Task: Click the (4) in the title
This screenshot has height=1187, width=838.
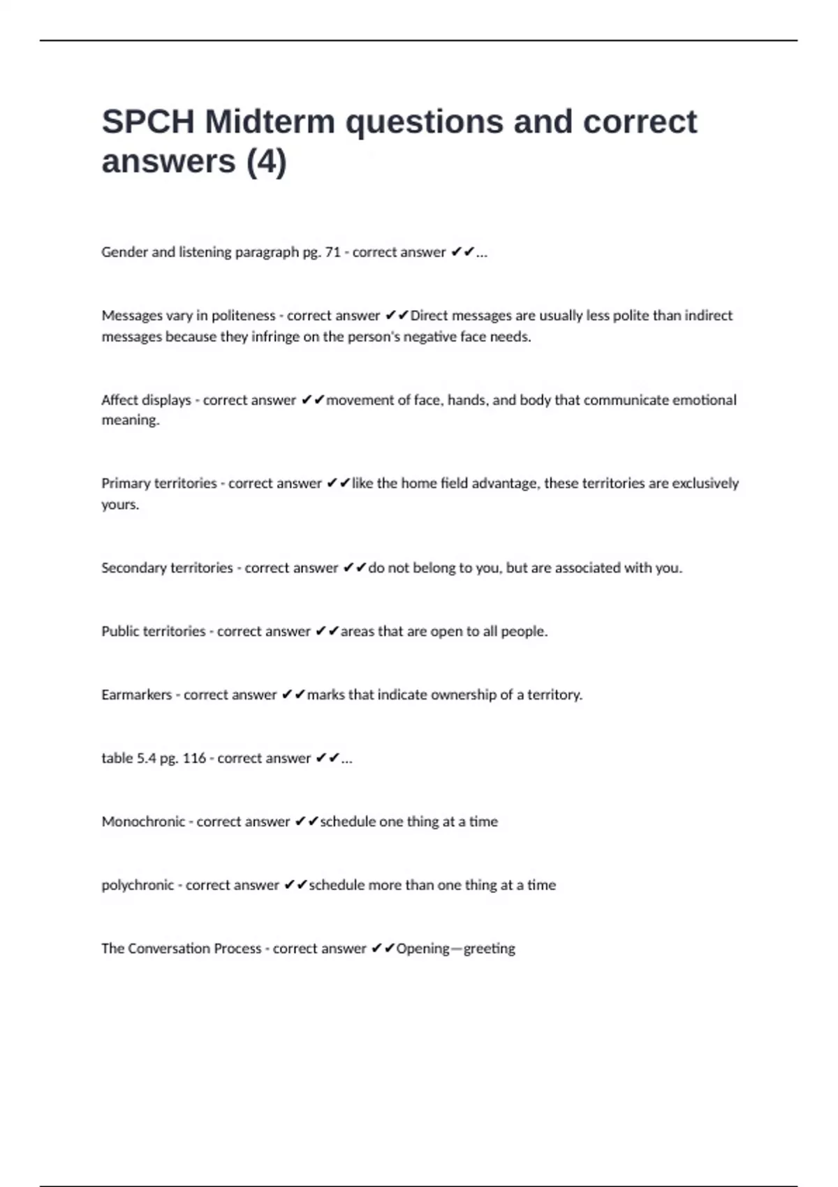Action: (x=266, y=162)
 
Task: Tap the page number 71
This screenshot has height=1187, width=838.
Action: (x=332, y=252)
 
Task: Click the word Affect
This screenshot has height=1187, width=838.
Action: (x=119, y=400)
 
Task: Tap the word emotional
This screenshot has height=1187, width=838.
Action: (x=704, y=400)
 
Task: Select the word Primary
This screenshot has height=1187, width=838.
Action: (x=126, y=483)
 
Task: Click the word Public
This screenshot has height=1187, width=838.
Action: (x=120, y=631)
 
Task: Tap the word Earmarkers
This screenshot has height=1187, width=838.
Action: (x=136, y=695)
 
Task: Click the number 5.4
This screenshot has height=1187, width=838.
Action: (x=146, y=758)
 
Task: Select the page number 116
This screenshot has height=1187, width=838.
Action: (x=194, y=758)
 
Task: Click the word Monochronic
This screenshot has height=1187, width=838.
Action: (x=143, y=822)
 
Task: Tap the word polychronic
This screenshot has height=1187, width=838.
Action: (x=138, y=885)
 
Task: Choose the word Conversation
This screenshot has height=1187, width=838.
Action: (x=170, y=948)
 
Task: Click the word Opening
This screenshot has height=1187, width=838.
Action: (x=422, y=948)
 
